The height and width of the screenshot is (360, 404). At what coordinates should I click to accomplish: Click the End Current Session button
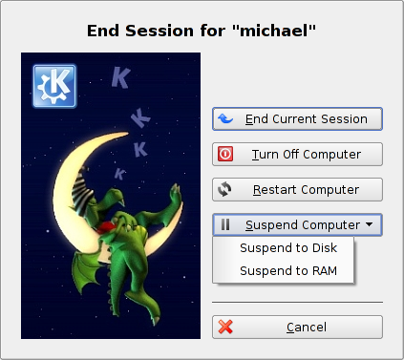coord(297,119)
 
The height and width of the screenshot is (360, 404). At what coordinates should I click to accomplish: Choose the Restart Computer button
coord(297,190)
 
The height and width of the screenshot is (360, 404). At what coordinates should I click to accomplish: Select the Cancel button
coord(297,328)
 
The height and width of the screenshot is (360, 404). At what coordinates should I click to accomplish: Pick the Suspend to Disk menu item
coord(288,248)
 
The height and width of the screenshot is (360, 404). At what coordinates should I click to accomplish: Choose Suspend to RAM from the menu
coord(288,271)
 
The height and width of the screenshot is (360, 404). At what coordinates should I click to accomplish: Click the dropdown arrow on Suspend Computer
coord(370,224)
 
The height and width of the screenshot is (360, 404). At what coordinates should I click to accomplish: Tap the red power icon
coord(225,154)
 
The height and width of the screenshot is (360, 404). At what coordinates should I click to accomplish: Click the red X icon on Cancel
coord(225,327)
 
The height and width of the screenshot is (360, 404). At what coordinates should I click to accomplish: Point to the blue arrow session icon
coord(225,118)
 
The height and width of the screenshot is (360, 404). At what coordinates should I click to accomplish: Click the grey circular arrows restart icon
coord(224,189)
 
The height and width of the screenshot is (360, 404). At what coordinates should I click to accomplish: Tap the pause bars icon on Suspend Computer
coord(225,224)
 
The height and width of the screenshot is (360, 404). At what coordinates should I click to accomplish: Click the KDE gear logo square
coord(54,86)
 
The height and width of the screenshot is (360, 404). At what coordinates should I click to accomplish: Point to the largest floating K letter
coord(121,77)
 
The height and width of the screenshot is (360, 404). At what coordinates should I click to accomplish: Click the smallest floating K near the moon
coord(119,174)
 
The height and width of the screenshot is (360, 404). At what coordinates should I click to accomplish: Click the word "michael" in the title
coord(274,31)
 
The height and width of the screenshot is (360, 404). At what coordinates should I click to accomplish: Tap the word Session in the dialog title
coord(159,31)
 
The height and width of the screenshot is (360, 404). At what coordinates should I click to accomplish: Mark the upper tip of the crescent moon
coord(128,134)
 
